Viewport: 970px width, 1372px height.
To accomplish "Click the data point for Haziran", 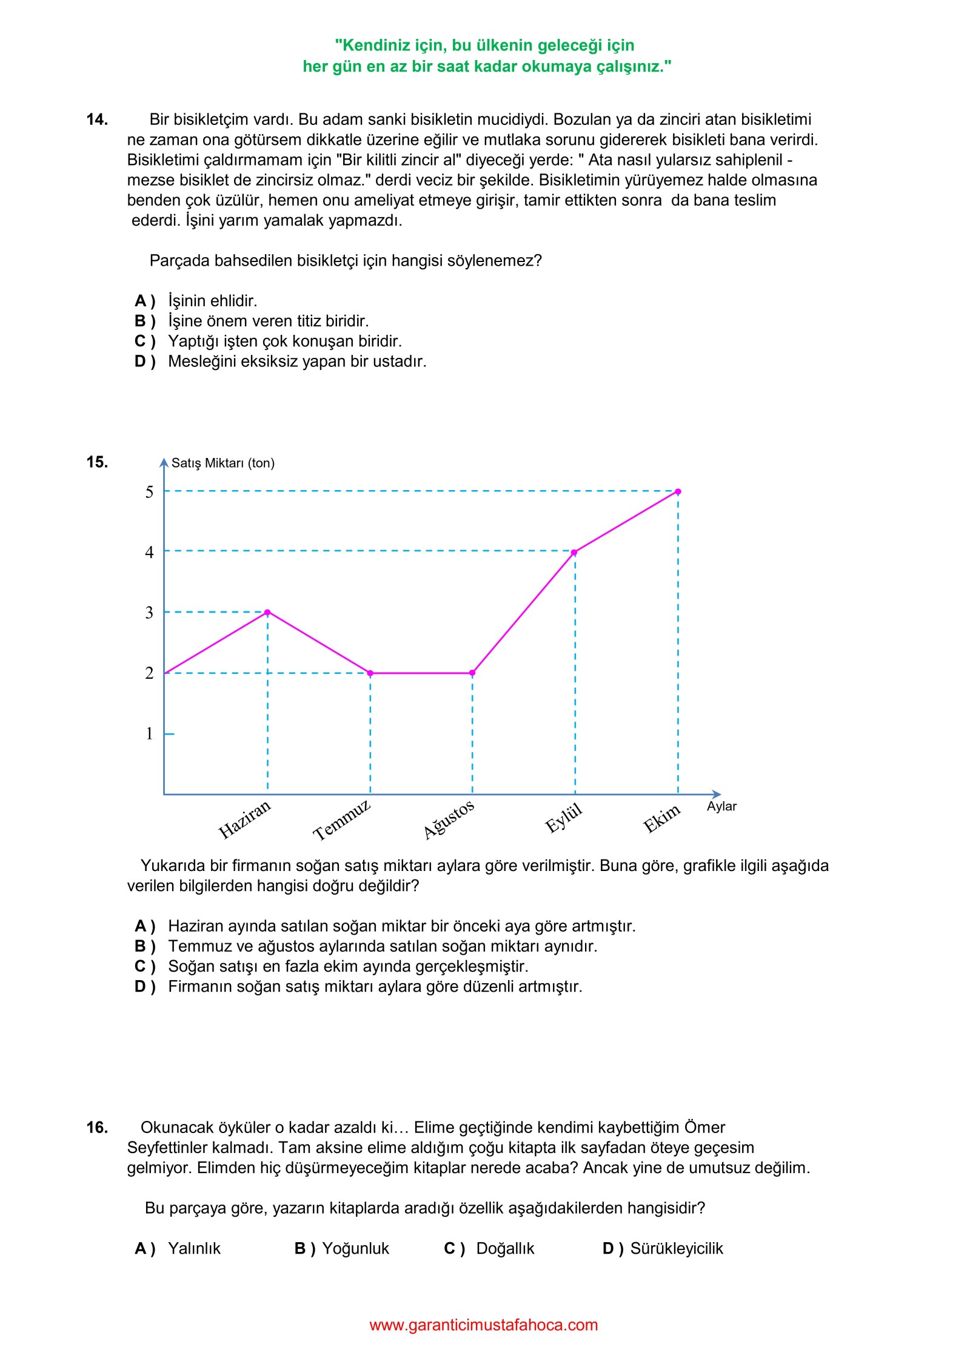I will click(267, 612).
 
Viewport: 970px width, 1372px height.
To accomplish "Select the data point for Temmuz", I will click(370, 673).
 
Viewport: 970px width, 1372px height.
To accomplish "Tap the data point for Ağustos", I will click(472, 673).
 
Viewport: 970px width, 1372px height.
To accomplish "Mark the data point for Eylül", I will click(574, 552).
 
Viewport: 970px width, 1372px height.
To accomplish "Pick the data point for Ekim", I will click(678, 491).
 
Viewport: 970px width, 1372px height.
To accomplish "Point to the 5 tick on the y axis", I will click(149, 491).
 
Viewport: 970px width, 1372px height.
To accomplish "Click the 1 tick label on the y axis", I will click(149, 733).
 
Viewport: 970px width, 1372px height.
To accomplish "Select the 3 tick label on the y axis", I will click(149, 612).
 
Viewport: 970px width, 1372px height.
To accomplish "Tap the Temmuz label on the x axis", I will click(341, 820).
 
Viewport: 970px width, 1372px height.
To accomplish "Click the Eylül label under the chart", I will click(563, 818).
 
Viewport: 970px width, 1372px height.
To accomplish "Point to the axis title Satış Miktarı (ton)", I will click(222, 463).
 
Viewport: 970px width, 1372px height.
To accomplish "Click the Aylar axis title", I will click(721, 806).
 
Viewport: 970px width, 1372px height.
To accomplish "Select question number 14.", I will click(97, 119).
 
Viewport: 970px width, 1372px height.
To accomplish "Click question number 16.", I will click(97, 1128).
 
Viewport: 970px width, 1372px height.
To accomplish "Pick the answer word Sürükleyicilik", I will click(677, 1248).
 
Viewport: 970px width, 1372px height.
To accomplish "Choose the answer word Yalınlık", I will click(194, 1248).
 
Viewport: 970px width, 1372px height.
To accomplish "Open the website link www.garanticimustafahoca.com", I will click(484, 1325).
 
